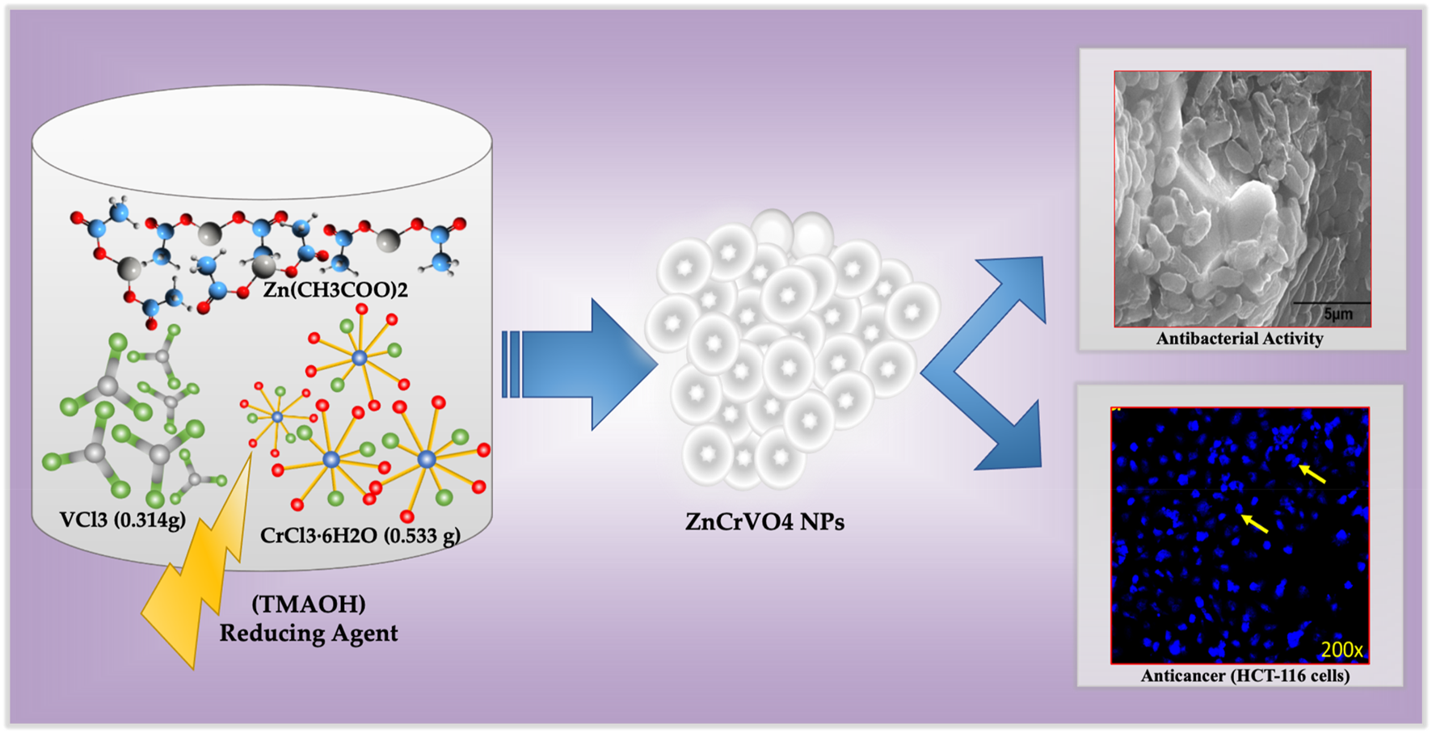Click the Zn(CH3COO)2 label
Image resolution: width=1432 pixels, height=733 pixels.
click(x=335, y=289)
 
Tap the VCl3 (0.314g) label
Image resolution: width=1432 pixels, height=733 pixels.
click(x=122, y=520)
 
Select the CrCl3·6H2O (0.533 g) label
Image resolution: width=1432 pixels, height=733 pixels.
click(x=360, y=535)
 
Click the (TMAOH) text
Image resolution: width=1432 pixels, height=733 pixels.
click(x=308, y=604)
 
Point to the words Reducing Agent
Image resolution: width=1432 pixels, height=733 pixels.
click(x=308, y=633)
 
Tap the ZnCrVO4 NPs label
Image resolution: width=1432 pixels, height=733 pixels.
click(x=764, y=522)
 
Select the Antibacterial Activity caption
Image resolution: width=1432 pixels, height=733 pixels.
click(x=1240, y=339)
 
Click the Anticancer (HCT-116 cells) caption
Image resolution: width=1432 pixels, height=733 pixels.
click(x=1245, y=676)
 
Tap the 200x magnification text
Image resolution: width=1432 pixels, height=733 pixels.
click(x=1341, y=649)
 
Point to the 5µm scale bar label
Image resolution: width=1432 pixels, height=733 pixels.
click(x=1337, y=314)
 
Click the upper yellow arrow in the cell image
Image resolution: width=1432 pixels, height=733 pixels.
click(x=1312, y=474)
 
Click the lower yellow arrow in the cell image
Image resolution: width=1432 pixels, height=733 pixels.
click(x=1254, y=523)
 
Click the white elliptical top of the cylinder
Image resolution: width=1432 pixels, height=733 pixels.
click(x=262, y=142)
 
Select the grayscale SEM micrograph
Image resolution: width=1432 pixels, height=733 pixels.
click(x=1242, y=199)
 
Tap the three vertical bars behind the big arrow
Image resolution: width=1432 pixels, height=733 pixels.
click(x=510, y=364)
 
